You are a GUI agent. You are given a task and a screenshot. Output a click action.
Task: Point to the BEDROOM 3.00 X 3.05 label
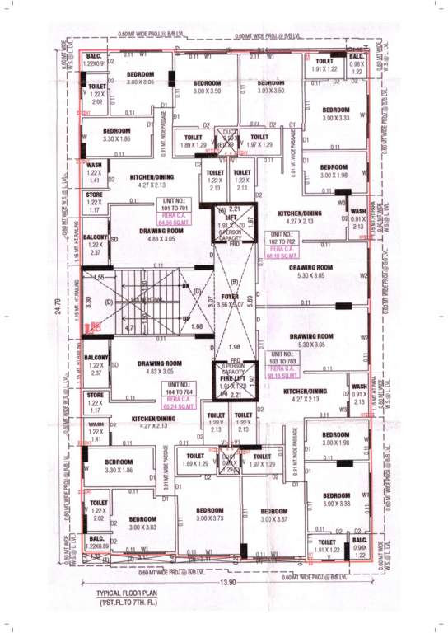[x=141, y=78]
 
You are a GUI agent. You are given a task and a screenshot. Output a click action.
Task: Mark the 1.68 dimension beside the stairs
[x=196, y=327]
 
